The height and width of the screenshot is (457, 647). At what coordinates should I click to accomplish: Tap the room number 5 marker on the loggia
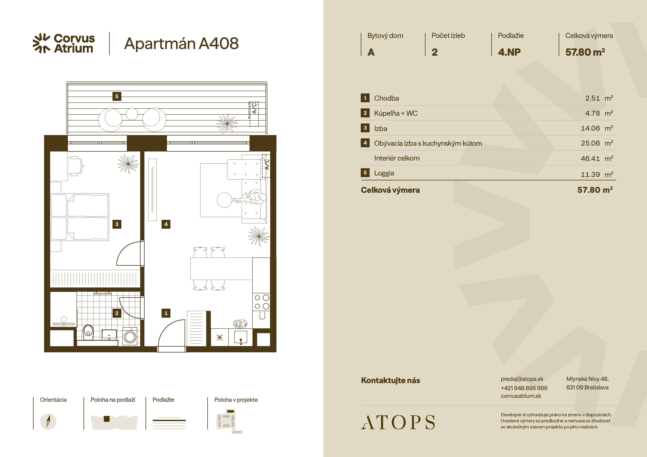117,96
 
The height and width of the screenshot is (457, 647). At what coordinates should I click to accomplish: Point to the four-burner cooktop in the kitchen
262,302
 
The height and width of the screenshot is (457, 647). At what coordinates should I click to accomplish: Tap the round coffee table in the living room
225,200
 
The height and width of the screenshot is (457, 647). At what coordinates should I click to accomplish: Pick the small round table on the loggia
132,114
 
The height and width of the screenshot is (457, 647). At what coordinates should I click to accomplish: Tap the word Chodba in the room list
386,98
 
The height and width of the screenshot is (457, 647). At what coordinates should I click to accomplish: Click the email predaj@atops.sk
522,379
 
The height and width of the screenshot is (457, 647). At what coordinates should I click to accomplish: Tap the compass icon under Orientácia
48,421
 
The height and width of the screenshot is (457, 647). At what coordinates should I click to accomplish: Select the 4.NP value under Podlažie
509,52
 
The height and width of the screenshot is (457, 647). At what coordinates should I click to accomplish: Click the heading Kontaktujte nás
390,380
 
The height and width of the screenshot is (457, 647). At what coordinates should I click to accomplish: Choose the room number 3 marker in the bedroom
117,224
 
